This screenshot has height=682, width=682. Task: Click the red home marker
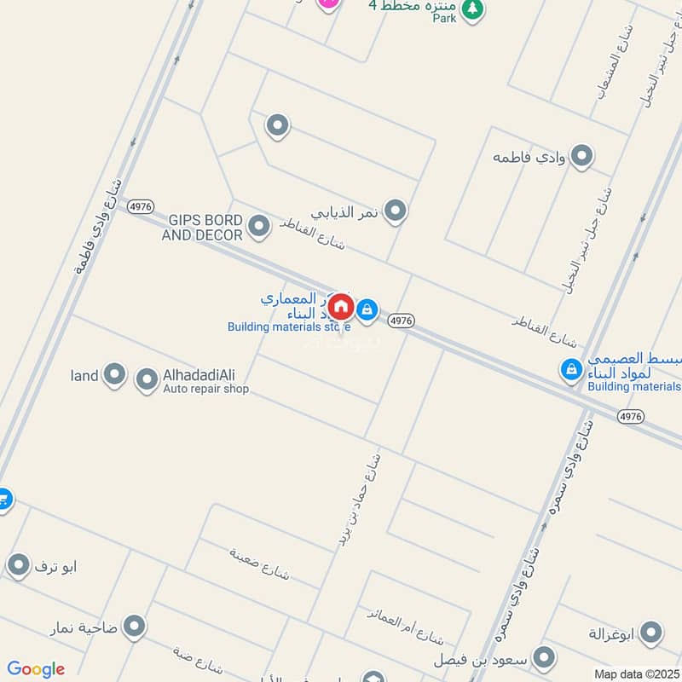pyautogui.click(x=340, y=306)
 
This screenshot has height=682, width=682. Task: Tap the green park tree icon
pyautogui.click(x=471, y=9)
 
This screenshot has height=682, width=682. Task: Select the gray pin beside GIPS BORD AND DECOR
pyautogui.click(x=259, y=226)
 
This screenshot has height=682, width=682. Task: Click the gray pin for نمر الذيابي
pyautogui.click(x=395, y=210)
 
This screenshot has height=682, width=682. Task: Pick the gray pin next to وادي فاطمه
pyautogui.click(x=581, y=156)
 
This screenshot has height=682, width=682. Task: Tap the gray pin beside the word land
pyautogui.click(x=114, y=373)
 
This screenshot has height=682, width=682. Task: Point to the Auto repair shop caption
pyautogui.click(x=205, y=390)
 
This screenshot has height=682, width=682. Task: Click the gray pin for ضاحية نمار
pyautogui.click(x=134, y=627)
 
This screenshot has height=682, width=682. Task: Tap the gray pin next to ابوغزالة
pyautogui.click(x=650, y=633)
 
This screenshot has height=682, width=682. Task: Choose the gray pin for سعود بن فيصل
pyautogui.click(x=544, y=657)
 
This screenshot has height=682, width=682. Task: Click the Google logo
pyautogui.click(x=36, y=669)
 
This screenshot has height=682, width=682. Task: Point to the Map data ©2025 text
pyautogui.click(x=637, y=674)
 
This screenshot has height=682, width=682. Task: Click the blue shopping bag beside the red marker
pyautogui.click(x=367, y=309)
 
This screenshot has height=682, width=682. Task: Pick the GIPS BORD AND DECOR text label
pyautogui.click(x=205, y=227)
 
